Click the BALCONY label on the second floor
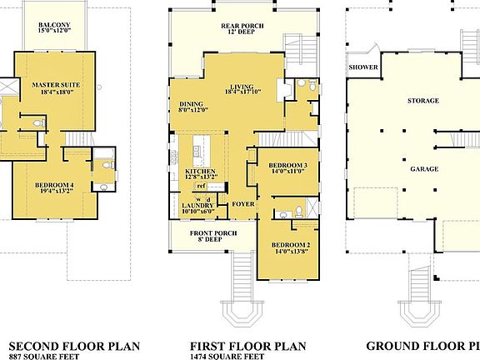[54, 25]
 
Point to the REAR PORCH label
[242, 26]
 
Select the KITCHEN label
[200, 172]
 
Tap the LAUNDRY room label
[197, 206]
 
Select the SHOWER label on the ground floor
[363, 67]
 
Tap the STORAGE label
[422, 101]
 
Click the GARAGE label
[423, 168]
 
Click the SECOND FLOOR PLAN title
[73, 346]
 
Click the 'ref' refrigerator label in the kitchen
[202, 186]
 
